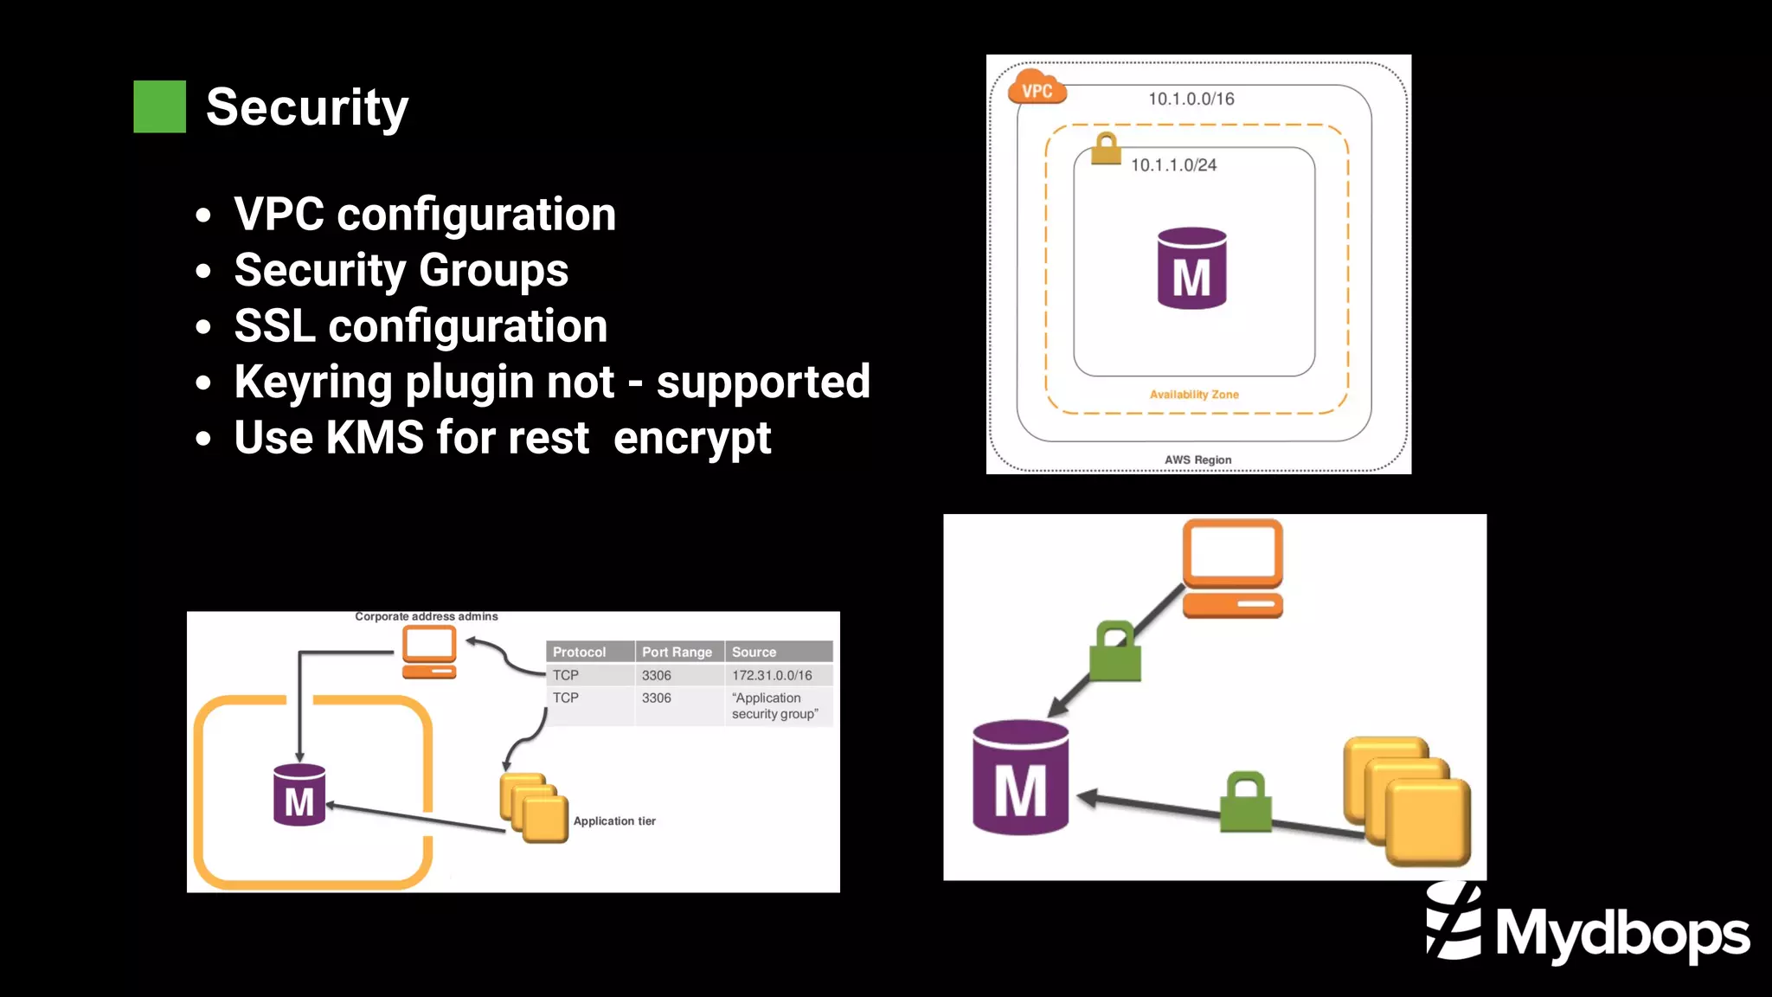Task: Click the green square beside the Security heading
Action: (x=159, y=106)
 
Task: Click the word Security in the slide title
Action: (x=306, y=107)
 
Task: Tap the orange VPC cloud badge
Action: (x=1037, y=88)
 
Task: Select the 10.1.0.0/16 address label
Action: (x=1191, y=99)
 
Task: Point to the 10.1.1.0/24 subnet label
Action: (x=1173, y=164)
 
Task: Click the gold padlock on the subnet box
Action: (x=1106, y=149)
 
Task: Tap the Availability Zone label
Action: (x=1194, y=395)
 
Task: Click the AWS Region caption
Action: (x=1197, y=460)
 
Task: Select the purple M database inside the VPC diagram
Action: (x=1191, y=268)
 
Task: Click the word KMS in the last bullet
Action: (x=375, y=437)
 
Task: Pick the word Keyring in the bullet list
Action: (x=312, y=382)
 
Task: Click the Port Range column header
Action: (x=677, y=652)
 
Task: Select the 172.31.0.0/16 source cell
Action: (x=772, y=675)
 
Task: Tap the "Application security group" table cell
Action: (x=774, y=705)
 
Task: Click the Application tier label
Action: (x=614, y=820)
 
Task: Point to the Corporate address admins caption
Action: (x=427, y=616)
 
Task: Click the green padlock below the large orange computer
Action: (x=1115, y=653)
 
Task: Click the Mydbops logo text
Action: (x=1621, y=934)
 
